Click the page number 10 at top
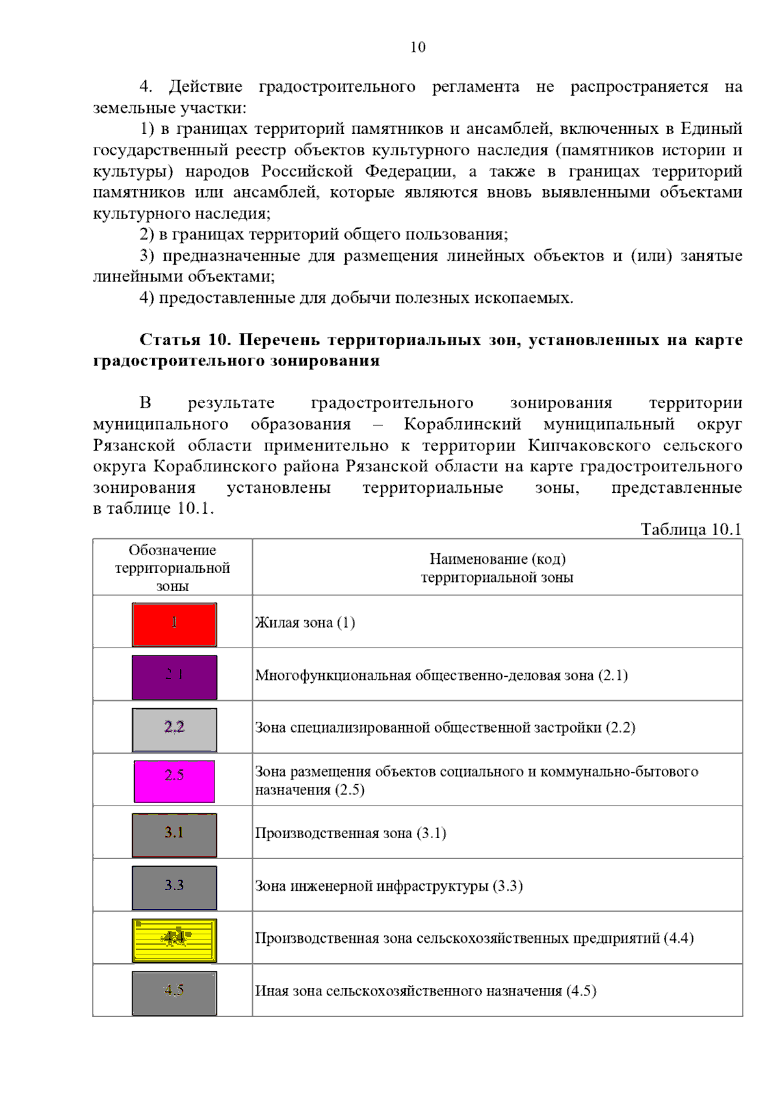(417, 47)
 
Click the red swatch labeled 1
(174, 624)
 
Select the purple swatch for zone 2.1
(174, 677)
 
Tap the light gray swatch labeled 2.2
(174, 729)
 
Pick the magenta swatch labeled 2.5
(174, 782)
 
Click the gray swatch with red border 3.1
(174, 835)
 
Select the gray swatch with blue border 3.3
(174, 887)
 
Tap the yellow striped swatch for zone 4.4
(174, 940)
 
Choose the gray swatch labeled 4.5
(174, 993)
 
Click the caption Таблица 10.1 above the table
(690, 529)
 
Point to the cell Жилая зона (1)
(305, 623)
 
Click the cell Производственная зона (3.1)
(350, 834)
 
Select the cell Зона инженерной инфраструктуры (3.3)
(389, 886)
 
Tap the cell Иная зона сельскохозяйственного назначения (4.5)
(425, 992)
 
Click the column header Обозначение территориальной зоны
(172, 568)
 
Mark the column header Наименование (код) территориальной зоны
(497, 568)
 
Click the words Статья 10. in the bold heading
(185, 340)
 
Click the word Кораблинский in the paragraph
(462, 424)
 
